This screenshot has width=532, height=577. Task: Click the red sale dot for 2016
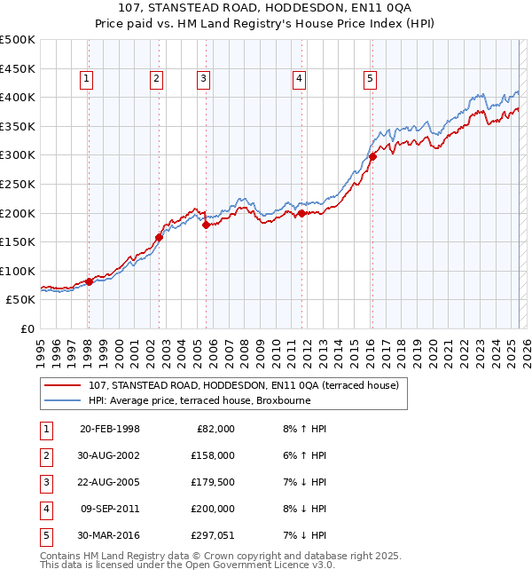372,157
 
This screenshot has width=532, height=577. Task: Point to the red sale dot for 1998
90,281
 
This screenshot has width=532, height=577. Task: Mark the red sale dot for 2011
301,213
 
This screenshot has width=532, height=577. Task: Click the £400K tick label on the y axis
18,97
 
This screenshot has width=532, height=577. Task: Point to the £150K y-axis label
18,241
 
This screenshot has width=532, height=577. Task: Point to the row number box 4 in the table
44,509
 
